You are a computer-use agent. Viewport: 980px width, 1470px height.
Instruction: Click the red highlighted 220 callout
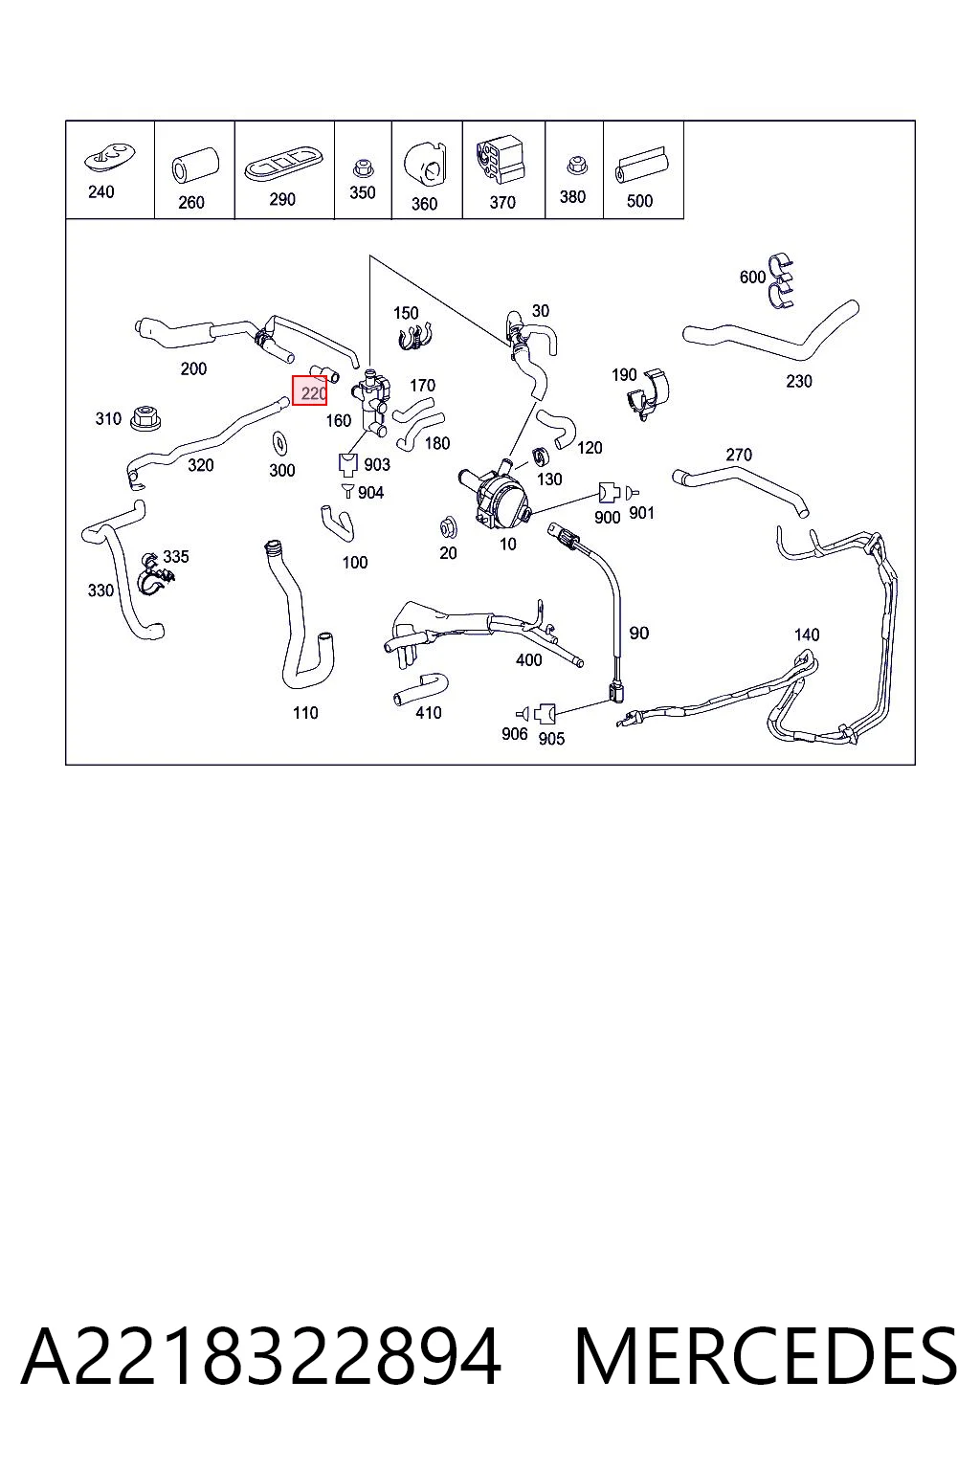(309, 391)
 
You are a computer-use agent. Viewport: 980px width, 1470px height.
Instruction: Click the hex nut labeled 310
(145, 418)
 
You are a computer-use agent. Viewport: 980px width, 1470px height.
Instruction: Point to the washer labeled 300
(278, 444)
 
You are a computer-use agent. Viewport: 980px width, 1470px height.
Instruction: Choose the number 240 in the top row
(101, 192)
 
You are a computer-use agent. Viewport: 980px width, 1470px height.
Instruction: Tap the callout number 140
(807, 635)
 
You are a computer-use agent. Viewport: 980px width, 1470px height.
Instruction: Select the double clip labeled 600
(780, 280)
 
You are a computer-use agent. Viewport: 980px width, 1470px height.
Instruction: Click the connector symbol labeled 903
(348, 463)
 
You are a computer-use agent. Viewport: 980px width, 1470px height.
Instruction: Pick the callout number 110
(305, 713)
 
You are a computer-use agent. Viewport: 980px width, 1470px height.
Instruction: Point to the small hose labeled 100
(338, 523)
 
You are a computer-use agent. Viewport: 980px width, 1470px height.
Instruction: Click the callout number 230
(799, 381)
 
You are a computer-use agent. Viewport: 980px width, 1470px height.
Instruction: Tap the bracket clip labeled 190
(649, 395)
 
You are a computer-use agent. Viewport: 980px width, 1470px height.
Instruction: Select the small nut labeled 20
(448, 527)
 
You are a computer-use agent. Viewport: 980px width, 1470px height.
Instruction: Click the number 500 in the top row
(639, 201)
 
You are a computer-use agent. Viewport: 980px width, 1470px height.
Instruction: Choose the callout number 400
(528, 660)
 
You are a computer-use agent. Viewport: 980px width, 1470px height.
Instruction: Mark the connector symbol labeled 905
(545, 713)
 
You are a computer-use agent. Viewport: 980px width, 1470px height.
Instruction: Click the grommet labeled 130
(541, 456)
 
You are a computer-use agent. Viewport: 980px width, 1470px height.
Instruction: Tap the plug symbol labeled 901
(633, 492)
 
